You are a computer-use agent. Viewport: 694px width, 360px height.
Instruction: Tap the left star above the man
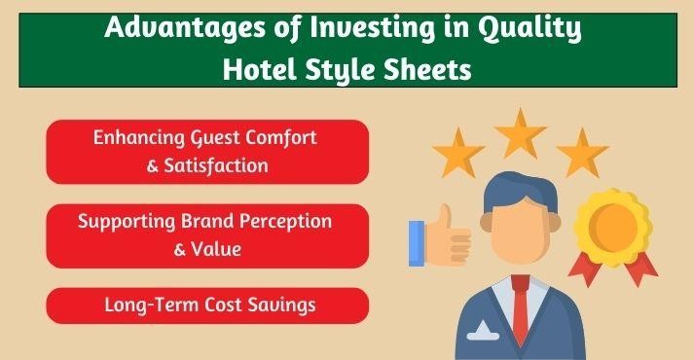(457, 154)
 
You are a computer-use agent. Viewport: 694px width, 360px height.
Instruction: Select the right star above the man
(582, 154)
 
